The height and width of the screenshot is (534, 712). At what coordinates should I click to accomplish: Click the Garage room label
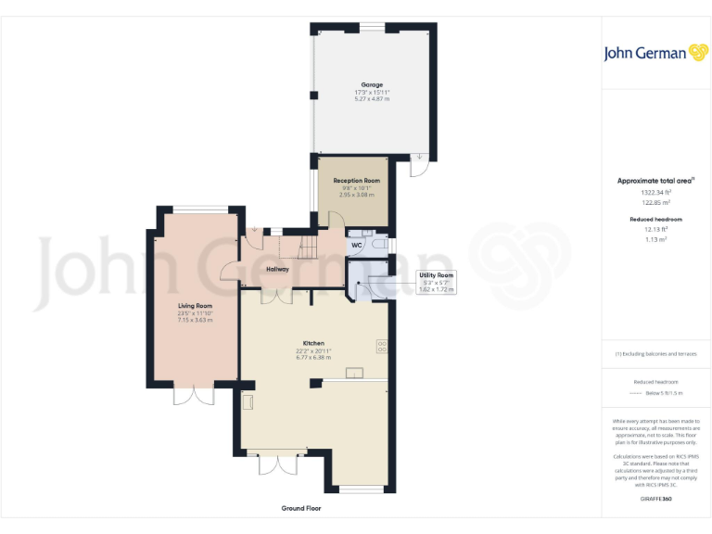[x=372, y=84]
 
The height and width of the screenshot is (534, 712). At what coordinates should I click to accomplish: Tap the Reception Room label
[x=357, y=181]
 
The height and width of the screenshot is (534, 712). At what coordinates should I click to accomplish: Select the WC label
[x=356, y=246]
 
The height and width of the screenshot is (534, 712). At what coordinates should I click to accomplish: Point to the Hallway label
[x=277, y=269]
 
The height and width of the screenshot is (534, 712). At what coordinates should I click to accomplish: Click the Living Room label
[x=196, y=305]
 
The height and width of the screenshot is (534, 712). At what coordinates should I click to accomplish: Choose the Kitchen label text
[x=313, y=343]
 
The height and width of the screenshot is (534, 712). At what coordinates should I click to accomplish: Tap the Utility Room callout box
[x=437, y=282]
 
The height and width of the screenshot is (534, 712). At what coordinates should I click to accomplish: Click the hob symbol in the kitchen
[x=381, y=347]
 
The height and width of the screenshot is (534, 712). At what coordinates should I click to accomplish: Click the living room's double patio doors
[x=194, y=393]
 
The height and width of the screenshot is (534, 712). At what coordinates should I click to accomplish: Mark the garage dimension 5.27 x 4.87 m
[x=372, y=99]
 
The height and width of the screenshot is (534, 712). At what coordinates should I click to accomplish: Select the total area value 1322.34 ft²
[x=655, y=192]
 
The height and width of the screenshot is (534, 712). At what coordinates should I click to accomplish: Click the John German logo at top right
[x=655, y=53]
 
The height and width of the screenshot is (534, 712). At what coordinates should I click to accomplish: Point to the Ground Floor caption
[x=301, y=508]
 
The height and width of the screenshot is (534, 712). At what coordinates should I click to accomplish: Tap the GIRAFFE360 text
[x=655, y=499]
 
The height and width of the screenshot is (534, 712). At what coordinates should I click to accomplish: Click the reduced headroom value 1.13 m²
[x=655, y=238]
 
